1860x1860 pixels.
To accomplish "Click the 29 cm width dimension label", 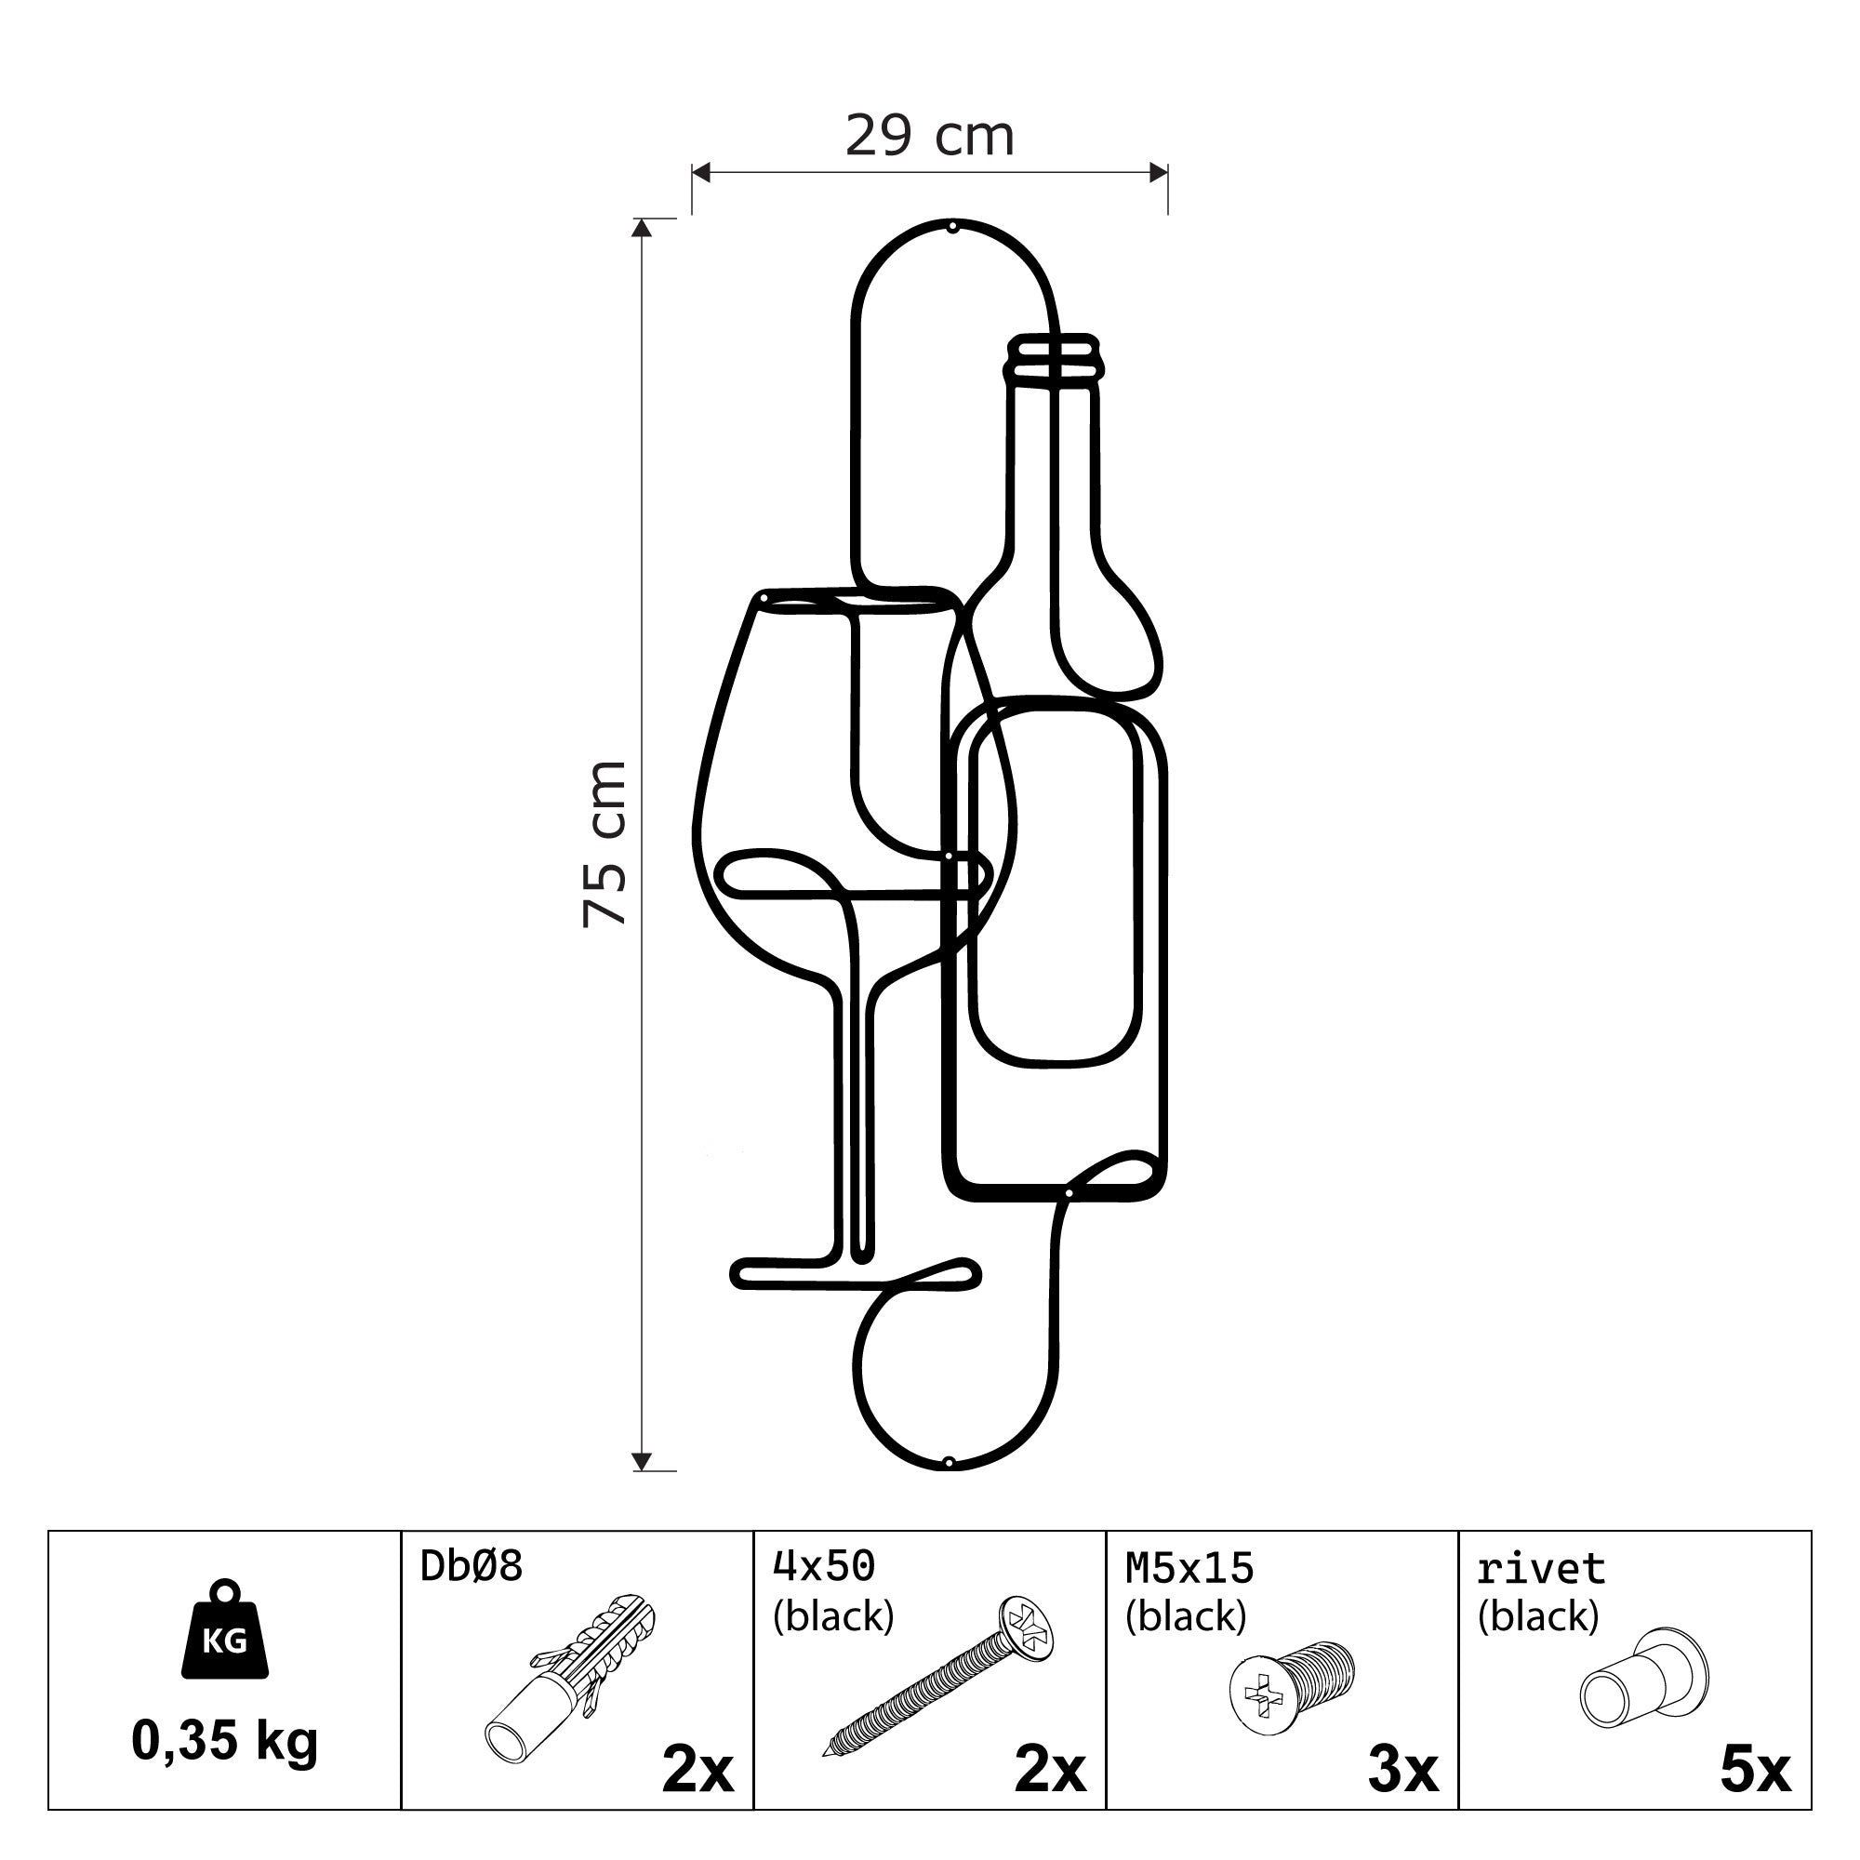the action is [x=930, y=136].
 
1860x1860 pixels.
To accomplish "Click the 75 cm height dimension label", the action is [x=604, y=844].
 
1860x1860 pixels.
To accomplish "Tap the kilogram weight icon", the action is [x=225, y=1629].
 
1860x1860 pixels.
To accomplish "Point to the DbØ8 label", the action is [x=472, y=1566].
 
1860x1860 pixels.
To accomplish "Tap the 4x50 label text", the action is [x=824, y=1566].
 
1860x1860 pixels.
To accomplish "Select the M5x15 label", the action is [x=1190, y=1568].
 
